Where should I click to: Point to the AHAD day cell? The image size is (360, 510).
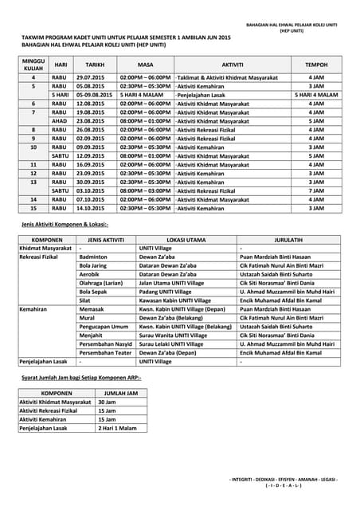[60, 121]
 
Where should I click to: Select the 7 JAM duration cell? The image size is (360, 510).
[315, 191]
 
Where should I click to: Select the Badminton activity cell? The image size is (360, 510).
[93, 257]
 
